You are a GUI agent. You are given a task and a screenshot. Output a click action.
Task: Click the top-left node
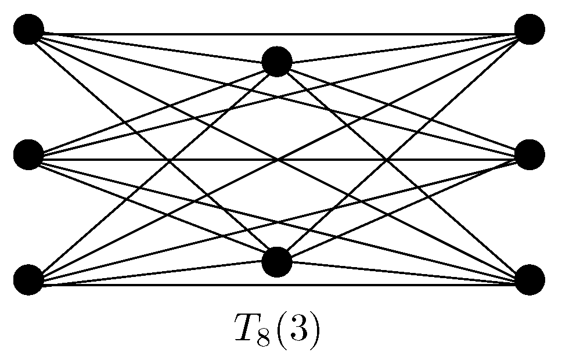28,30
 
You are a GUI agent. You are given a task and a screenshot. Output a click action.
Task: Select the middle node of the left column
28,155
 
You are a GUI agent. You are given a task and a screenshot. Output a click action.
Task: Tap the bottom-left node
28,279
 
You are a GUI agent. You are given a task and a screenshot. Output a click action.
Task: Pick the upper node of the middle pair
276,62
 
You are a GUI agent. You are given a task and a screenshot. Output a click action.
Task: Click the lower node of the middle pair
276,262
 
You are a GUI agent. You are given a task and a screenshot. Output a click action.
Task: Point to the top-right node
529,30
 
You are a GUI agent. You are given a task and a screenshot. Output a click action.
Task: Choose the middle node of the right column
529,155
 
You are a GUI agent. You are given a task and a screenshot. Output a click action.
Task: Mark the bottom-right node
529,279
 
